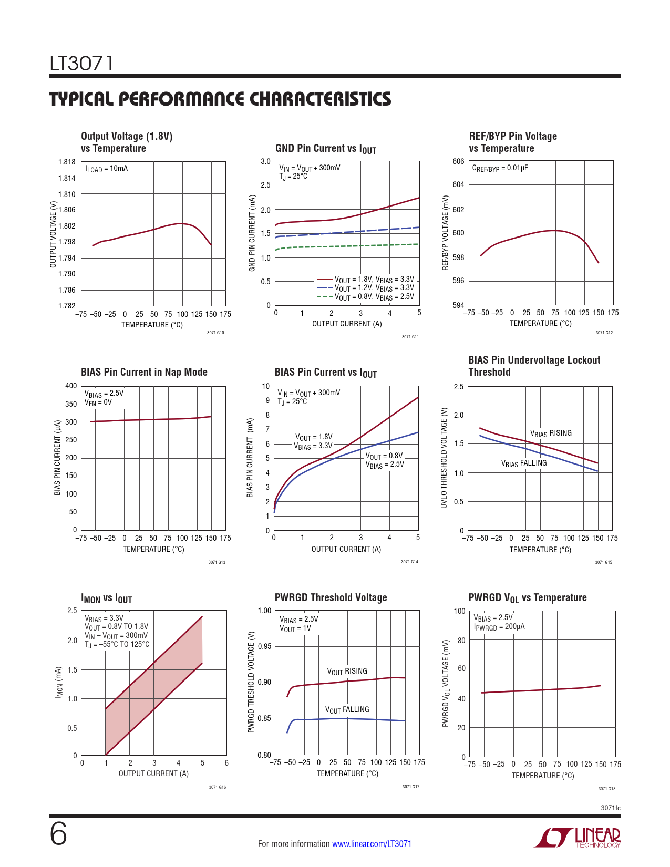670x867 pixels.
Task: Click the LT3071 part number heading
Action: (81, 64)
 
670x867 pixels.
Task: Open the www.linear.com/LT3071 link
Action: (372, 844)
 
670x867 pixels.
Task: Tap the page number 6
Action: (58, 834)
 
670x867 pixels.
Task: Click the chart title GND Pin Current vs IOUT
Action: (325, 149)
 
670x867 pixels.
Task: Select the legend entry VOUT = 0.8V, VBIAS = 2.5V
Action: (374, 297)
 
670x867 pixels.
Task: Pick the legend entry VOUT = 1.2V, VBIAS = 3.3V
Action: (374, 288)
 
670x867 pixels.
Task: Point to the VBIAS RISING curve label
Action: (550, 434)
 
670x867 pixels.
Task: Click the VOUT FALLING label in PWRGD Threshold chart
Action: (347, 710)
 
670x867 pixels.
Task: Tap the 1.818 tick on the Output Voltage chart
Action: (67, 162)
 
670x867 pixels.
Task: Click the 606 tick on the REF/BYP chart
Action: (458, 161)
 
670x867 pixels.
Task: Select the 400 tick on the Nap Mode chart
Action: (71, 386)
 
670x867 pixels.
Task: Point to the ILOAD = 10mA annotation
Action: (106, 169)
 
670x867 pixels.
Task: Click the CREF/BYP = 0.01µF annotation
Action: (500, 168)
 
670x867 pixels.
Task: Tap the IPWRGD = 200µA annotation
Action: (499, 627)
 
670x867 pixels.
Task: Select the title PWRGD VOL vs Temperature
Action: (527, 598)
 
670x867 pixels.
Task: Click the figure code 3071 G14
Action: (409, 562)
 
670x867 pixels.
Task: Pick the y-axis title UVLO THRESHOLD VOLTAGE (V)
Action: (444, 458)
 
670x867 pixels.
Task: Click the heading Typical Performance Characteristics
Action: (220, 99)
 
